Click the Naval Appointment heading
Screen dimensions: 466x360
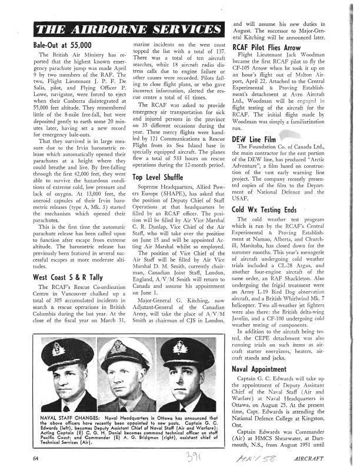260,370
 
